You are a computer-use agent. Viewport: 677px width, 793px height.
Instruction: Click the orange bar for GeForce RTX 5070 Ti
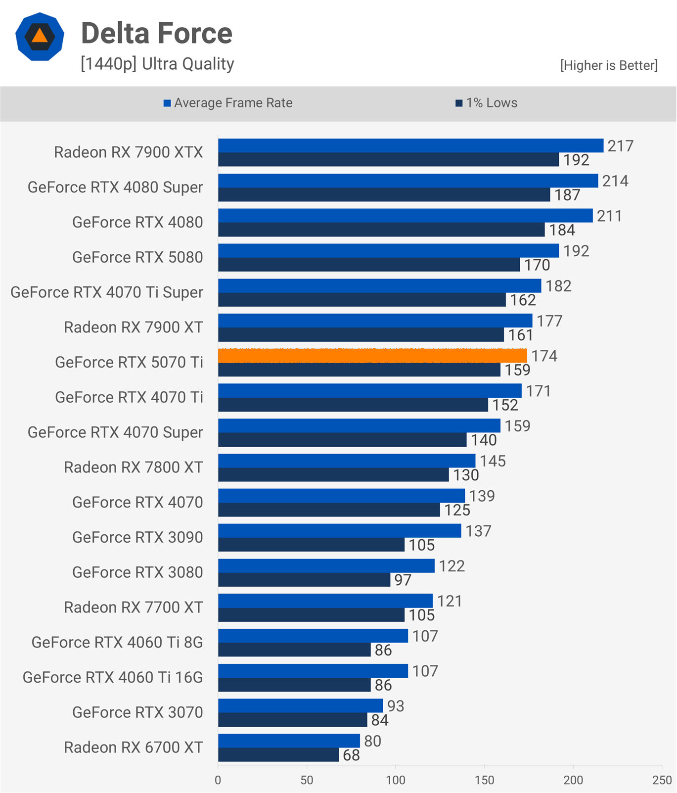(372, 356)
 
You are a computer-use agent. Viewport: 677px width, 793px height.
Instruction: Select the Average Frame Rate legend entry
(228, 103)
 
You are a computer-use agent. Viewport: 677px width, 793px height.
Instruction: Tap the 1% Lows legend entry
(487, 103)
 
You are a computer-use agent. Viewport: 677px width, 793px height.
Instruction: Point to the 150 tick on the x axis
(484, 780)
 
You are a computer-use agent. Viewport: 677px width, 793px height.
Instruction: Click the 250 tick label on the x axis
(662, 780)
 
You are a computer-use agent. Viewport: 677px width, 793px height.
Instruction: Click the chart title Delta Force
(156, 34)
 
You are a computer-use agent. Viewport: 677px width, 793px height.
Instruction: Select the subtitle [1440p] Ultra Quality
(157, 64)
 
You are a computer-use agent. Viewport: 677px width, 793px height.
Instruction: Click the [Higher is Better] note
(608, 65)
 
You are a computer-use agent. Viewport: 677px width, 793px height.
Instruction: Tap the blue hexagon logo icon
(40, 37)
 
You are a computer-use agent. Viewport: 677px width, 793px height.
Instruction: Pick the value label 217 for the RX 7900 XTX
(620, 146)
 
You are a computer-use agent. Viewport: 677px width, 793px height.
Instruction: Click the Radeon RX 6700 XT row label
(133, 747)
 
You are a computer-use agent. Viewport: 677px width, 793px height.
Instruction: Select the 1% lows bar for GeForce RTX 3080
(304, 580)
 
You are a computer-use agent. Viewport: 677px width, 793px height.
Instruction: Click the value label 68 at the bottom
(351, 755)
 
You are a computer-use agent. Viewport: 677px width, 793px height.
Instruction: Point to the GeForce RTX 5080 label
(137, 257)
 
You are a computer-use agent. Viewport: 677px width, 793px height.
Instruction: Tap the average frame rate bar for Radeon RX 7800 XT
(346, 461)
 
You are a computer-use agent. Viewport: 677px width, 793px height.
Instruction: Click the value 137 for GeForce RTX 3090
(478, 531)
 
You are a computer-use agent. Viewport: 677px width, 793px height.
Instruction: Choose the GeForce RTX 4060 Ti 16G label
(113, 677)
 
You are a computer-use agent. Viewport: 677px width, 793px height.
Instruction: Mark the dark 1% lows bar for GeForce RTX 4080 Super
(384, 195)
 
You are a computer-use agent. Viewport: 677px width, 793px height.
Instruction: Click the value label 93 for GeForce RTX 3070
(396, 706)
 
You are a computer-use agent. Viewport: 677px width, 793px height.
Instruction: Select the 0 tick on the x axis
(218, 780)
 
